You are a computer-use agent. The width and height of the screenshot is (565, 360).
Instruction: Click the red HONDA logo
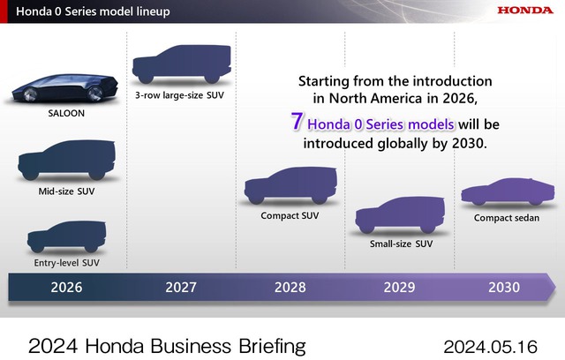point(524,11)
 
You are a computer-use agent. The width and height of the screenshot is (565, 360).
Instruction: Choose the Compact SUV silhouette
point(288,188)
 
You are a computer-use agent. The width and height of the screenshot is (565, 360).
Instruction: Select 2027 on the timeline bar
point(180,287)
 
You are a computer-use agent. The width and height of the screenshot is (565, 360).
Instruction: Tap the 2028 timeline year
point(290,287)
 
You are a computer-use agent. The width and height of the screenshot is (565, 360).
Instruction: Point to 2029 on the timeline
point(400,287)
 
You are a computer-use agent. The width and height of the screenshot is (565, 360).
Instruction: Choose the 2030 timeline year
point(504,287)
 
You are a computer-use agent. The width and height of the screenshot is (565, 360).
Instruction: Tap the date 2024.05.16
point(491,344)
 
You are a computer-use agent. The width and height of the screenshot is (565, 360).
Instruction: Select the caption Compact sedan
point(508,218)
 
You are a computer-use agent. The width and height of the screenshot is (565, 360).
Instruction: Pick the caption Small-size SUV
point(401,243)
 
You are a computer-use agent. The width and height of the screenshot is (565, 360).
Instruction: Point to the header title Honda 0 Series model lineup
point(88,11)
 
